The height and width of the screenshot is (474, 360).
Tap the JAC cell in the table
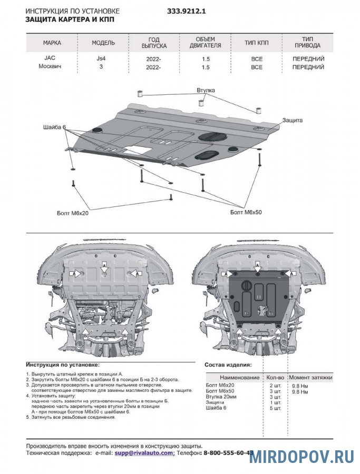tap(45, 58)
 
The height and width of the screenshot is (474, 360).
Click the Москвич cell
tap(51, 67)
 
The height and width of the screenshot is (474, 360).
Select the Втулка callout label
tap(206, 91)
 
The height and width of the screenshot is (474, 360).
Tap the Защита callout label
tap(292, 120)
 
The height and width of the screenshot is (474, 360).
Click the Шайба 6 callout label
tap(54, 127)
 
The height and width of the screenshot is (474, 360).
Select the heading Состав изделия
tap(228, 364)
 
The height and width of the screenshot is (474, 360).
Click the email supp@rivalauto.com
tap(144, 452)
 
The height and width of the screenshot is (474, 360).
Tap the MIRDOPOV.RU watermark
tap(301, 457)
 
